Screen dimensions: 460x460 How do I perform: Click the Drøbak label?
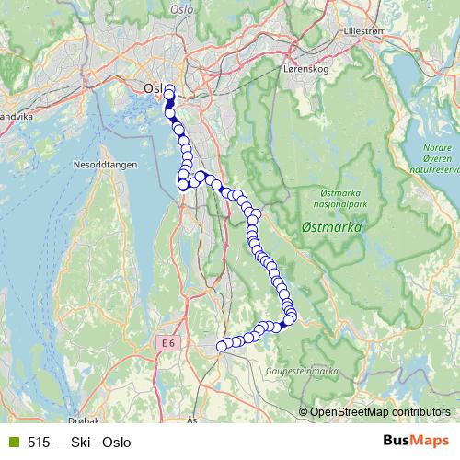(84, 420)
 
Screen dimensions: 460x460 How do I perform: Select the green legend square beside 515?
(13, 442)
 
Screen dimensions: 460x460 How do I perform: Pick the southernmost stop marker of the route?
(221, 346)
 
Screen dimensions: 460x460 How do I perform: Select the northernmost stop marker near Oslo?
(169, 89)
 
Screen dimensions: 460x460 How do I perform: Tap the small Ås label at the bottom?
(191, 419)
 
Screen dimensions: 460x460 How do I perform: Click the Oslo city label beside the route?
(154, 87)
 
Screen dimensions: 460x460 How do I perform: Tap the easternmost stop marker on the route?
(292, 317)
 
